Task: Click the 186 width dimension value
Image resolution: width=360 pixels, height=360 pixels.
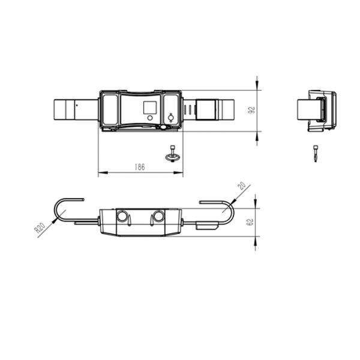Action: [x=140, y=167]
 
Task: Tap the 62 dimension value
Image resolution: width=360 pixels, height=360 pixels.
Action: [x=250, y=222]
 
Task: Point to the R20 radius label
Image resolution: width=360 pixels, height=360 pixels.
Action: [x=40, y=228]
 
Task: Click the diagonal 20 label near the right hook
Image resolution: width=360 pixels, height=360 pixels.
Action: [x=242, y=185]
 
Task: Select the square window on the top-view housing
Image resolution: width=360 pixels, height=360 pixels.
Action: [x=150, y=107]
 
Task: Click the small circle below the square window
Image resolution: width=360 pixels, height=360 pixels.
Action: [x=150, y=118]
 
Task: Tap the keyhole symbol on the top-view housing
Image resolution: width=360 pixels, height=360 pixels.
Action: [x=170, y=118]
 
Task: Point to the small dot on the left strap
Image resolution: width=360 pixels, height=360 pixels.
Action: [x=77, y=106]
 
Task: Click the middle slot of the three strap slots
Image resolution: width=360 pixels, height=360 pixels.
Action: [x=190, y=110]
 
